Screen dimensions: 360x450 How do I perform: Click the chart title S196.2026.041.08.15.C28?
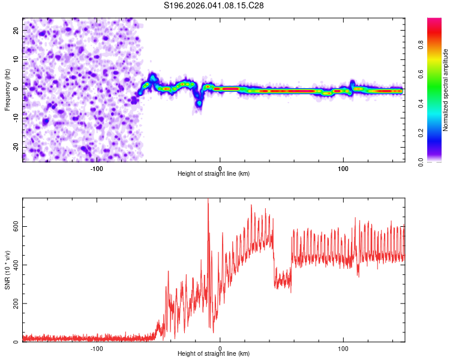point(214,5)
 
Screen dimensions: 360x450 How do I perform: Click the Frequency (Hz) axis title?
point(7,89)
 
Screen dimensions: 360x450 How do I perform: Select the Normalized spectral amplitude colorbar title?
point(446,91)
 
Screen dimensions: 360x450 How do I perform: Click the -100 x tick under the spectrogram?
point(97,168)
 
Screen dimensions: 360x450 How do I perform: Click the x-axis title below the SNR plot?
point(214,355)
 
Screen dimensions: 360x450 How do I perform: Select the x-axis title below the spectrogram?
point(214,174)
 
